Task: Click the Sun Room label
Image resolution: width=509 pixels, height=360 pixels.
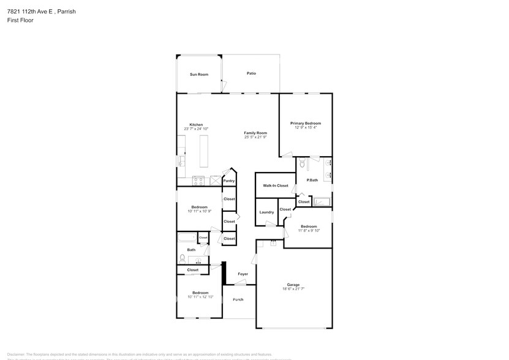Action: click(198, 74)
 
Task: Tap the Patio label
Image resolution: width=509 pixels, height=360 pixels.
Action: click(251, 73)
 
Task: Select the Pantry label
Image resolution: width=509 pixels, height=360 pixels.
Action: click(229, 181)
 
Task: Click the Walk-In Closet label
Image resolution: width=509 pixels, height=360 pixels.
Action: click(276, 185)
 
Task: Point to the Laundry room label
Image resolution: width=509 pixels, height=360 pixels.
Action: click(266, 212)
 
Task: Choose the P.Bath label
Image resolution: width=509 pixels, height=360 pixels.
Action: click(312, 180)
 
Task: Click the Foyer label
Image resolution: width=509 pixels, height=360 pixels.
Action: click(243, 274)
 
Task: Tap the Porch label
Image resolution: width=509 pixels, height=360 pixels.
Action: click(238, 299)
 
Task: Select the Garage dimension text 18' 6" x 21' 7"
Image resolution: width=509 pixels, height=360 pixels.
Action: click(293, 288)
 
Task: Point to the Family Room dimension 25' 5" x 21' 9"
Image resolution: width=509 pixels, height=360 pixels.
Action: click(255, 137)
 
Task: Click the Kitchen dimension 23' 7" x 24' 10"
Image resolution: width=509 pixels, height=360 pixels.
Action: click(196, 129)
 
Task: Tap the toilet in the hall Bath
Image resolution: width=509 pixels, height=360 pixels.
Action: click(181, 258)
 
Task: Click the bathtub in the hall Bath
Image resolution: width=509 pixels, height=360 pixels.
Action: click(186, 238)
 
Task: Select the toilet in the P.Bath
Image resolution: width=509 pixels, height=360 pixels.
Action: click(302, 163)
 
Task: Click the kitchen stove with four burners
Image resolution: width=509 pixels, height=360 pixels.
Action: click(198, 180)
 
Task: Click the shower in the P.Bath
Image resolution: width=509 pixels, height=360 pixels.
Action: click(322, 201)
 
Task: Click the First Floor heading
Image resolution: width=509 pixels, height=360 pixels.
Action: click(21, 20)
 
